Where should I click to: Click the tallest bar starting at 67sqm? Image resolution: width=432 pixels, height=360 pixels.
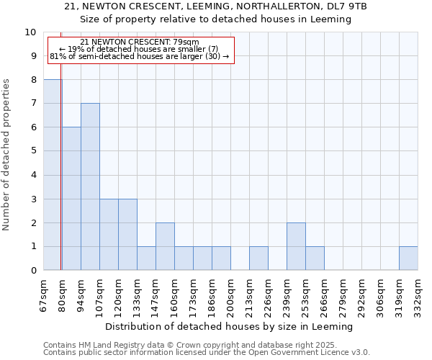pyautogui.click(x=53, y=175)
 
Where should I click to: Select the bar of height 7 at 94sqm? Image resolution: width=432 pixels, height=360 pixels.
pyautogui.click(x=90, y=186)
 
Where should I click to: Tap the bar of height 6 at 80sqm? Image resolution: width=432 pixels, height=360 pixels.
pyautogui.click(x=71, y=199)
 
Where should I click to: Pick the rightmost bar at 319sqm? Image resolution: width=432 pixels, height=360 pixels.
pyautogui.click(x=408, y=258)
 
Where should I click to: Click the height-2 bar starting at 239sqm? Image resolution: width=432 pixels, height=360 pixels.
pyautogui.click(x=296, y=246)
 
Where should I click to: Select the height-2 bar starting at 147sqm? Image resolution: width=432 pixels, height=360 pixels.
pyautogui.click(x=165, y=246)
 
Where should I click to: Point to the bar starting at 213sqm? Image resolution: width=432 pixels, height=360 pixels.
pyautogui.click(x=258, y=258)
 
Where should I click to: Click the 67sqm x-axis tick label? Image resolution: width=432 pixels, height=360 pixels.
pyautogui.click(x=44, y=295)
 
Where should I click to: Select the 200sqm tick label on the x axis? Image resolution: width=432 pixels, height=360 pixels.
pyautogui.click(x=230, y=295)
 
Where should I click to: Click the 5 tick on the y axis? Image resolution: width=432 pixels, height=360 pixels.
pyautogui.click(x=33, y=151)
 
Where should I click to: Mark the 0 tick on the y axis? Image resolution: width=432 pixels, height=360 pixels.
pyautogui.click(x=33, y=271)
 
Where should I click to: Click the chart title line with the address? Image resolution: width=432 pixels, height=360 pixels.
pyautogui.click(x=215, y=6)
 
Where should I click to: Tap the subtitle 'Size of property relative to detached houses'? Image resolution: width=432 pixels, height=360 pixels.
pyautogui.click(x=215, y=19)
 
